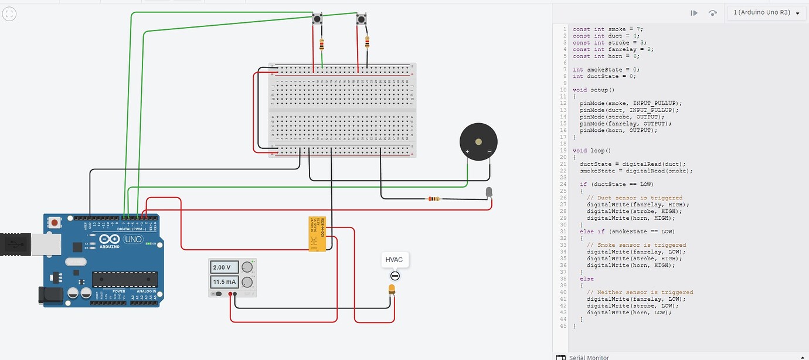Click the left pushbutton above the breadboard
point(317,19)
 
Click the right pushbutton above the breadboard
point(361,20)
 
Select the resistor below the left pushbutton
point(321,45)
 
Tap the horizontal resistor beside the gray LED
point(433,199)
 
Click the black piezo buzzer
point(478,142)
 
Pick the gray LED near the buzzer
point(489,192)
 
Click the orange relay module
point(317,234)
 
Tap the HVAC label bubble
point(394,260)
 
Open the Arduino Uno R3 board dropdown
point(766,12)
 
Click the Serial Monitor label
point(589,357)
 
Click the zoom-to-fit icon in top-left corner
point(9,14)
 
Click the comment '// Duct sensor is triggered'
point(634,198)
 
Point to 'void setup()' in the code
point(593,90)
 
